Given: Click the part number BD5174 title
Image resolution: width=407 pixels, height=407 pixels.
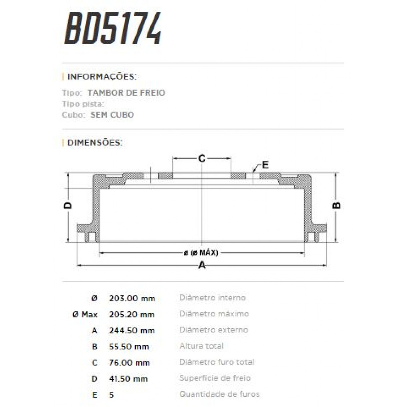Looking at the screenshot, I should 113,29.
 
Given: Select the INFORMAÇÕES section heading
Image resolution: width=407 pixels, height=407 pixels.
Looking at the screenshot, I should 102,77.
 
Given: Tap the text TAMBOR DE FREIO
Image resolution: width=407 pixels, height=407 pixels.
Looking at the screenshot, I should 126,93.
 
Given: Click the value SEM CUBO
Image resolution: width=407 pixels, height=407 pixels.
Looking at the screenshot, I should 112,115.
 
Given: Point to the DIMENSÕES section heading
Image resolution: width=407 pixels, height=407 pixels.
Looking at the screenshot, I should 95,142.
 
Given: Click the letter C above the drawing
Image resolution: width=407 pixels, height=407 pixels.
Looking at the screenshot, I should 202,158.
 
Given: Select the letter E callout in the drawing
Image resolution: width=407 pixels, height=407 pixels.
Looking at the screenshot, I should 265,165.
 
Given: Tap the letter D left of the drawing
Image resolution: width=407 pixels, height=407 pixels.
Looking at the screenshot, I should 68,205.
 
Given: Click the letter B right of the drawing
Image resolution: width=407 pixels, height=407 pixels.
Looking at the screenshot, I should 336,205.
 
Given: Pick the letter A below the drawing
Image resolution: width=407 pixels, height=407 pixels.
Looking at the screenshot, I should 202,265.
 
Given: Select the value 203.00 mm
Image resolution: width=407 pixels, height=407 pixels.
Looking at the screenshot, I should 132,298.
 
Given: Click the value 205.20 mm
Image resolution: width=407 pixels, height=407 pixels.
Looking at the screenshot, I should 132,314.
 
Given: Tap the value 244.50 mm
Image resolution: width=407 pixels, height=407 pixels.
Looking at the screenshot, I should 132,330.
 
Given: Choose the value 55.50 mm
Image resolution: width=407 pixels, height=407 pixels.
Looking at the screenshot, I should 129,347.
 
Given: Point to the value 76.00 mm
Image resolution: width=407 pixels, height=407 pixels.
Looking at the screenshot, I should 129,363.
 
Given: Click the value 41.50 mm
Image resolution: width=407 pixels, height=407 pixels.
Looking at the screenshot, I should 128,379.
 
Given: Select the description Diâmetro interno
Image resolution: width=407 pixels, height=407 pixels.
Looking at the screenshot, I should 212,298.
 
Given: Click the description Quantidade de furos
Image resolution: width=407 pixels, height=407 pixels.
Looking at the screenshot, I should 219,394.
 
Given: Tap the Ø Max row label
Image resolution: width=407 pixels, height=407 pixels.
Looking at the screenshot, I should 85,314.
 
